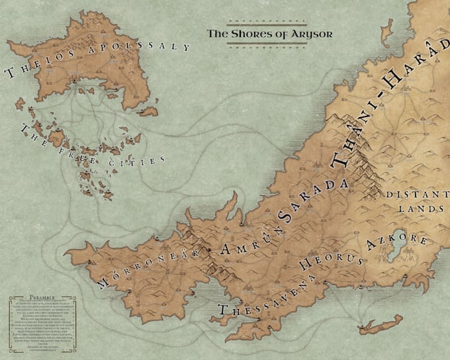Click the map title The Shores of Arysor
(x=269, y=32)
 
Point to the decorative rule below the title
(x=269, y=45)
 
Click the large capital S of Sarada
(x=286, y=213)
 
